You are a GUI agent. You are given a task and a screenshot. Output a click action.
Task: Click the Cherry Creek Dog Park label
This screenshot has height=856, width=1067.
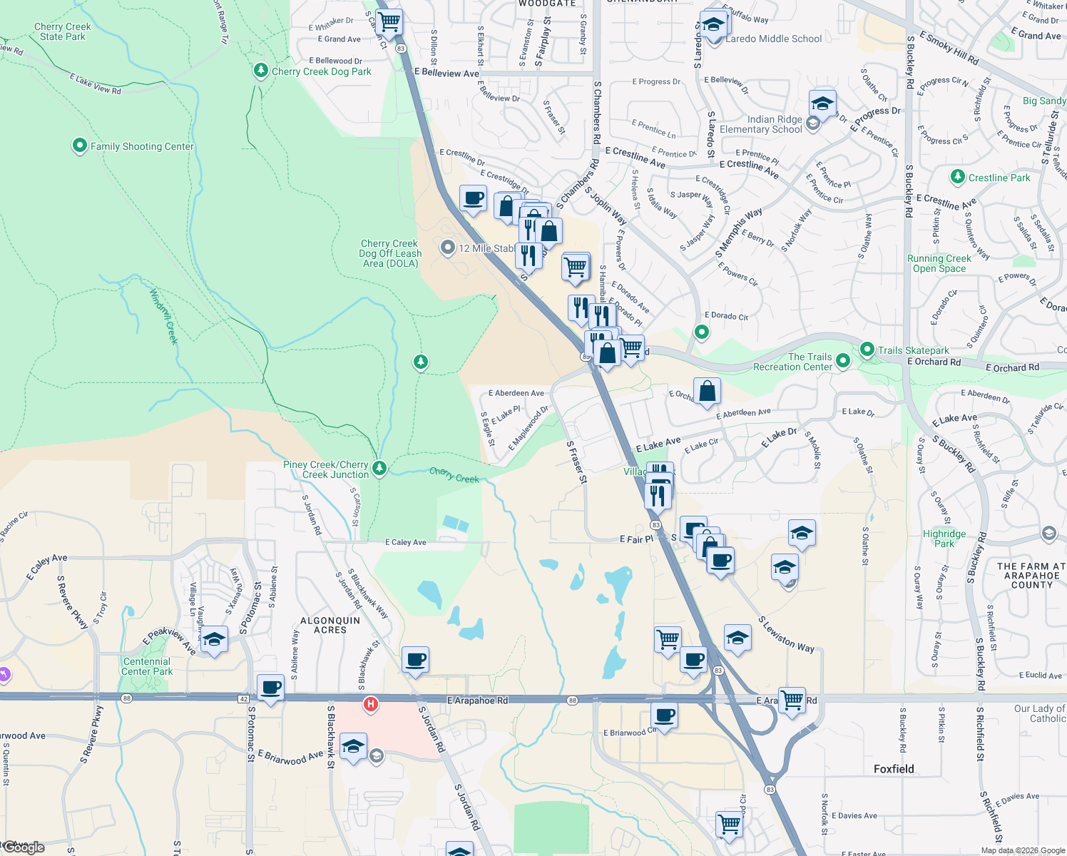coord(321,71)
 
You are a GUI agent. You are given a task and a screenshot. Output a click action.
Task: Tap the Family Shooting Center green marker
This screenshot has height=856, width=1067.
coord(80,146)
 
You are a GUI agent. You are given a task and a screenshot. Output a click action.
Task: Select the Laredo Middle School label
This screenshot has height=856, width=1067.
coord(773,39)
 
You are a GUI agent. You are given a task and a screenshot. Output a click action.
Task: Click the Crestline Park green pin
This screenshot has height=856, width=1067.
coord(958,177)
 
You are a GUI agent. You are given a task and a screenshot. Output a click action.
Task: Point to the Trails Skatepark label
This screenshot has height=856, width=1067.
coord(913,350)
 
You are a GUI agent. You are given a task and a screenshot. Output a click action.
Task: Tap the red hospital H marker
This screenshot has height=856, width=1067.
coord(370,705)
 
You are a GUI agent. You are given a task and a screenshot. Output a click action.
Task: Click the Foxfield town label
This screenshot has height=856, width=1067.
coord(894,769)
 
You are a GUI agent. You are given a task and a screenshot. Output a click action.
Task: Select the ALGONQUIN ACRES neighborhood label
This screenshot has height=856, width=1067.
coord(330,626)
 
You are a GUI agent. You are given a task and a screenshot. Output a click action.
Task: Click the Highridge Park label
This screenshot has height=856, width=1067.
coord(944,539)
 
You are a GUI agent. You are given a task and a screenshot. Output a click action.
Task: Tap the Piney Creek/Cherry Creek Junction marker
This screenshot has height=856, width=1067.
coord(380,468)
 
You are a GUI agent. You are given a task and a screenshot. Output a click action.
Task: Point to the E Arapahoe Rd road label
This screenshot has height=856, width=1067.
coord(477,700)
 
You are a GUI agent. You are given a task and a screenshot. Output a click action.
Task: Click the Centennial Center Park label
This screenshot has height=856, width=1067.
coord(147,666)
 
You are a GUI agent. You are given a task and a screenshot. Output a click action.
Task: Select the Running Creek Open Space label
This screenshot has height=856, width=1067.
coord(939,264)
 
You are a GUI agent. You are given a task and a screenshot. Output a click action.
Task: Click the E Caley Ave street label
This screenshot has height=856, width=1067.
coord(405,542)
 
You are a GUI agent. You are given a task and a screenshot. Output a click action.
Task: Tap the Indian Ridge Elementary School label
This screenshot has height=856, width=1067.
coord(760,125)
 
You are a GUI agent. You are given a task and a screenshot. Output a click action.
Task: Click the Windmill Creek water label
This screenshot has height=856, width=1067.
coord(163,316)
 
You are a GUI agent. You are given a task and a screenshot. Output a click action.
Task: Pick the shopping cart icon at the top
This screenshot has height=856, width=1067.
coord(389,22)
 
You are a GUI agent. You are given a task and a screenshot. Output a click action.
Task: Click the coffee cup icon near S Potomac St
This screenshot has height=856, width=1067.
coord(270,688)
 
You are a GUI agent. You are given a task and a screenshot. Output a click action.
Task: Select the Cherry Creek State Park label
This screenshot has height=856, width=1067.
coord(63,31)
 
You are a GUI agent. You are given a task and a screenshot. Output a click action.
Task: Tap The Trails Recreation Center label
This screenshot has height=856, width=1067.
coord(792,362)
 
